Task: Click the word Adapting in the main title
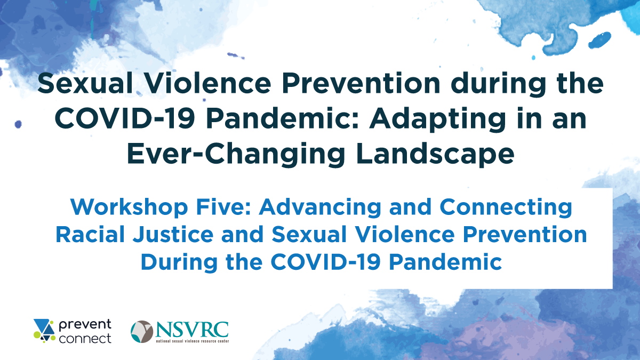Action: click(437, 119)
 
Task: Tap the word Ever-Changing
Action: click(236, 154)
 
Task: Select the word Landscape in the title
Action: click(435, 154)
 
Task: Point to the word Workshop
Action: click(129, 207)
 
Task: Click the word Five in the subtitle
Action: click(223, 207)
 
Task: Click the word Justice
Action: click(173, 234)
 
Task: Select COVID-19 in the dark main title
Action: click(125, 119)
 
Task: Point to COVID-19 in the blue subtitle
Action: click(326, 262)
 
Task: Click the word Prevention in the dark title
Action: click(361, 83)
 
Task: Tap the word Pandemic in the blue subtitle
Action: click(445, 262)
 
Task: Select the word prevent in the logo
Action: click(85, 325)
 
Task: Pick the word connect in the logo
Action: click(85, 339)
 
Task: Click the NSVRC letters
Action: click(192, 330)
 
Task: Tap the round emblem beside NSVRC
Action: click(142, 331)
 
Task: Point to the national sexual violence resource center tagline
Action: click(192, 341)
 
